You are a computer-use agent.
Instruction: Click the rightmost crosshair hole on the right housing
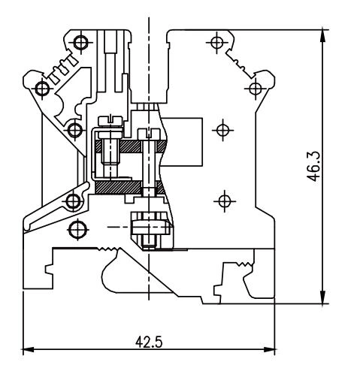tap(256, 89)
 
